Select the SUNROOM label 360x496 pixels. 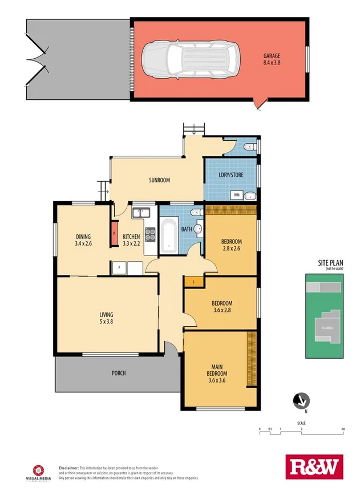(160, 180)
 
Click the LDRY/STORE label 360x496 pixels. (232, 175)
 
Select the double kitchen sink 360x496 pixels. (140, 213)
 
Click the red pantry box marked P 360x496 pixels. (114, 233)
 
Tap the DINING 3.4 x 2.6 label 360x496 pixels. (83, 239)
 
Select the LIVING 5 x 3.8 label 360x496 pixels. (106, 318)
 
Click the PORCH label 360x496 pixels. (119, 373)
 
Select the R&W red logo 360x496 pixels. (315, 467)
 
